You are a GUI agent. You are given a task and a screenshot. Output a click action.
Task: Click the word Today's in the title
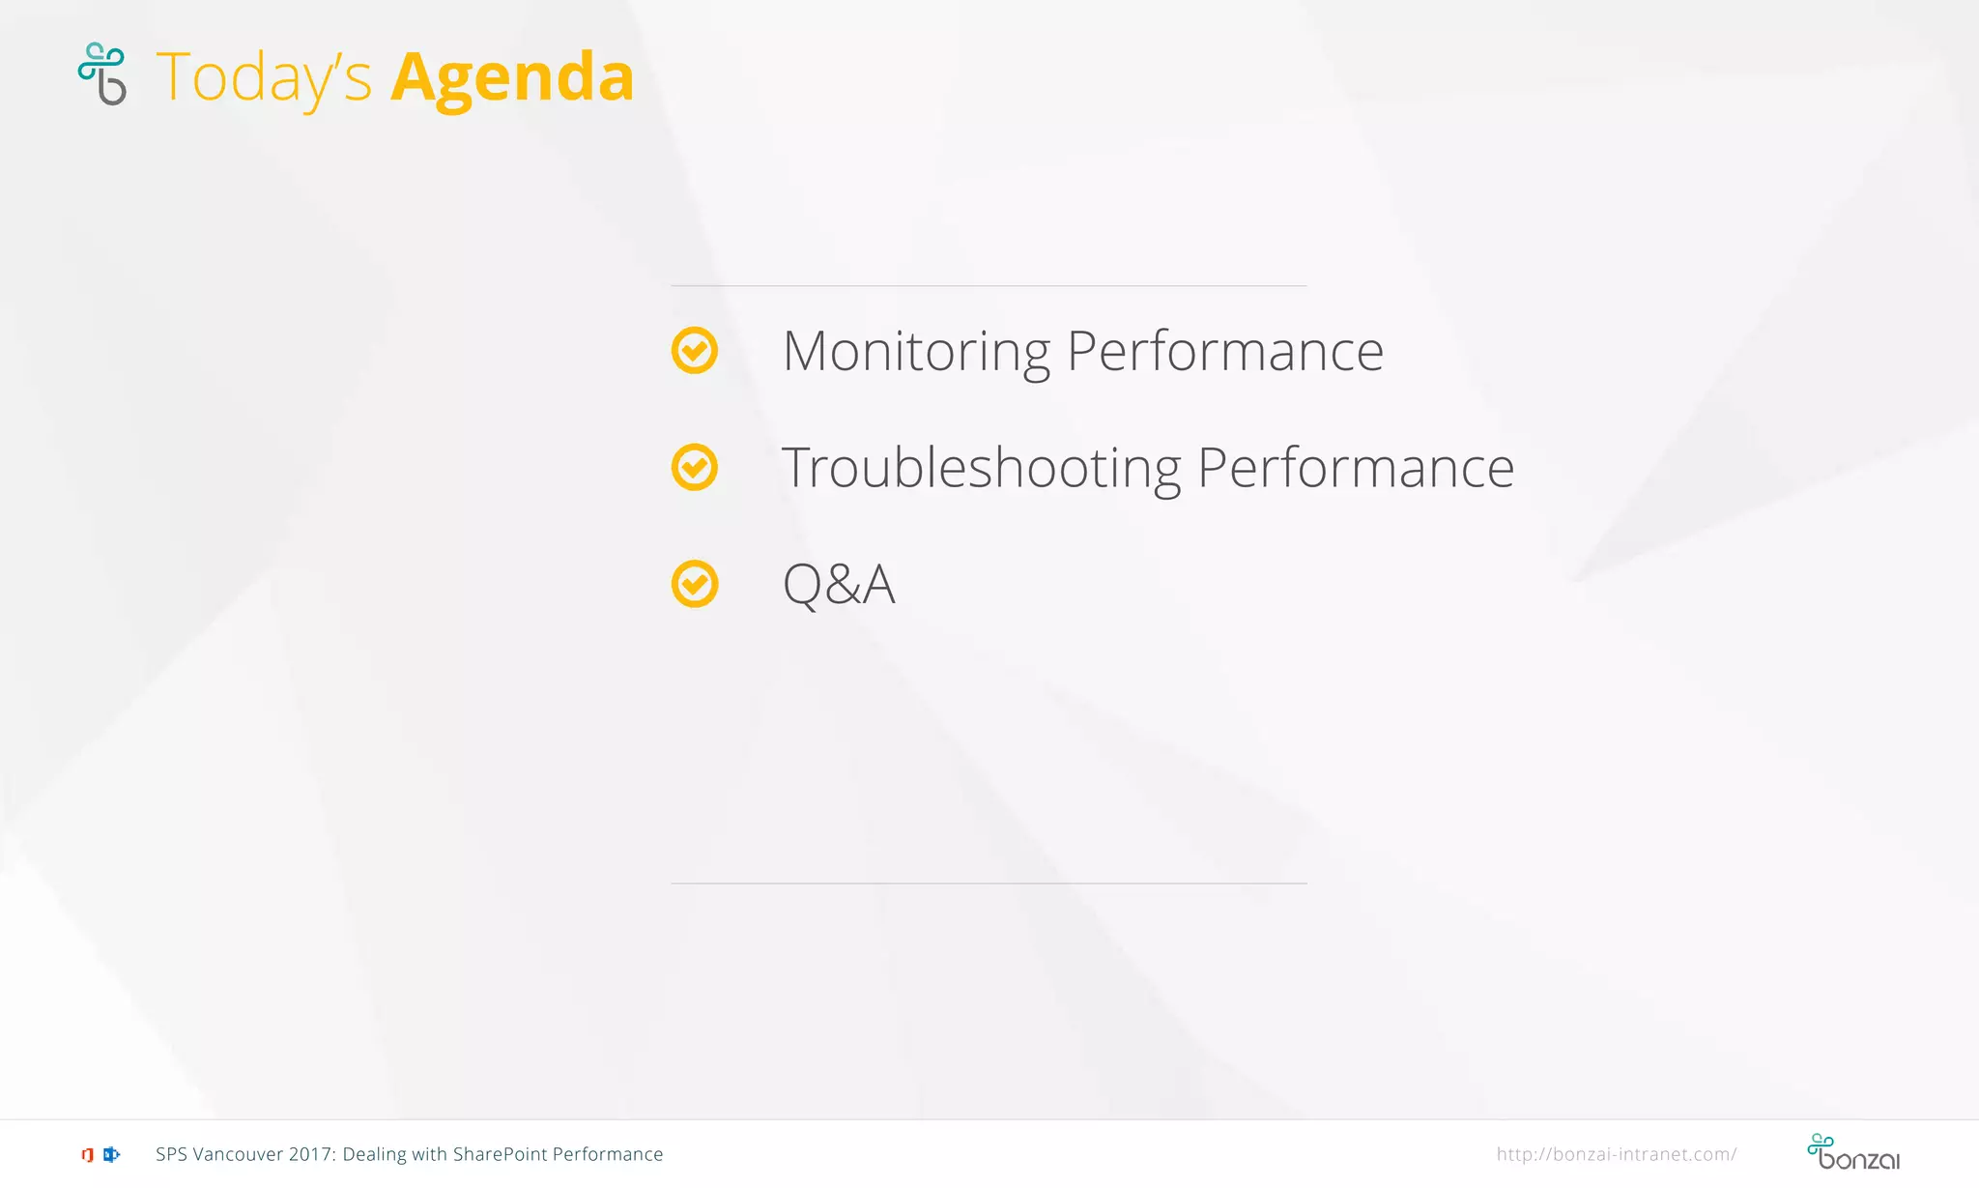263,77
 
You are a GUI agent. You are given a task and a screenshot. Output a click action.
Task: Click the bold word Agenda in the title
512,77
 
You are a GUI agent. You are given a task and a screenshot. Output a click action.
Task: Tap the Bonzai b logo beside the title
102,73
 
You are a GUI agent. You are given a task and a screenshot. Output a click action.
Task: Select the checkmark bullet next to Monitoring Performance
695,350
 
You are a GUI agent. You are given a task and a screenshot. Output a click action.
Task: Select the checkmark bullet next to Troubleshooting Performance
695,467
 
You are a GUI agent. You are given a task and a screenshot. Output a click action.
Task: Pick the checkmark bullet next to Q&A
695,584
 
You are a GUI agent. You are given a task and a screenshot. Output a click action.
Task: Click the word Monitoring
915,352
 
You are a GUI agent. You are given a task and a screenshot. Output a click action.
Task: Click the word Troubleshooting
980,469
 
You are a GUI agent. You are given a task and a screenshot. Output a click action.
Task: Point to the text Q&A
838,585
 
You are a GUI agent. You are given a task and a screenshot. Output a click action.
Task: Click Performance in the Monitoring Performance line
1224,352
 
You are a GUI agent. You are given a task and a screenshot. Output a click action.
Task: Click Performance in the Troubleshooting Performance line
1355,469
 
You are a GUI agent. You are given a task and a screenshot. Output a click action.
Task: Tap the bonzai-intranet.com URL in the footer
1616,1154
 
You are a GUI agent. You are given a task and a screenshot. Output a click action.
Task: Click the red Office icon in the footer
87,1154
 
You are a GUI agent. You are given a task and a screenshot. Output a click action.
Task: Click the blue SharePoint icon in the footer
111,1154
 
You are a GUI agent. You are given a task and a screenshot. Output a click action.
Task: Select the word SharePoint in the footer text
500,1154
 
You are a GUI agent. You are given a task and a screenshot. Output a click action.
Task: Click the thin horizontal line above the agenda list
989,286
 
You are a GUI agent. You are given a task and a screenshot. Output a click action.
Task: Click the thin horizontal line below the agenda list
989,884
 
